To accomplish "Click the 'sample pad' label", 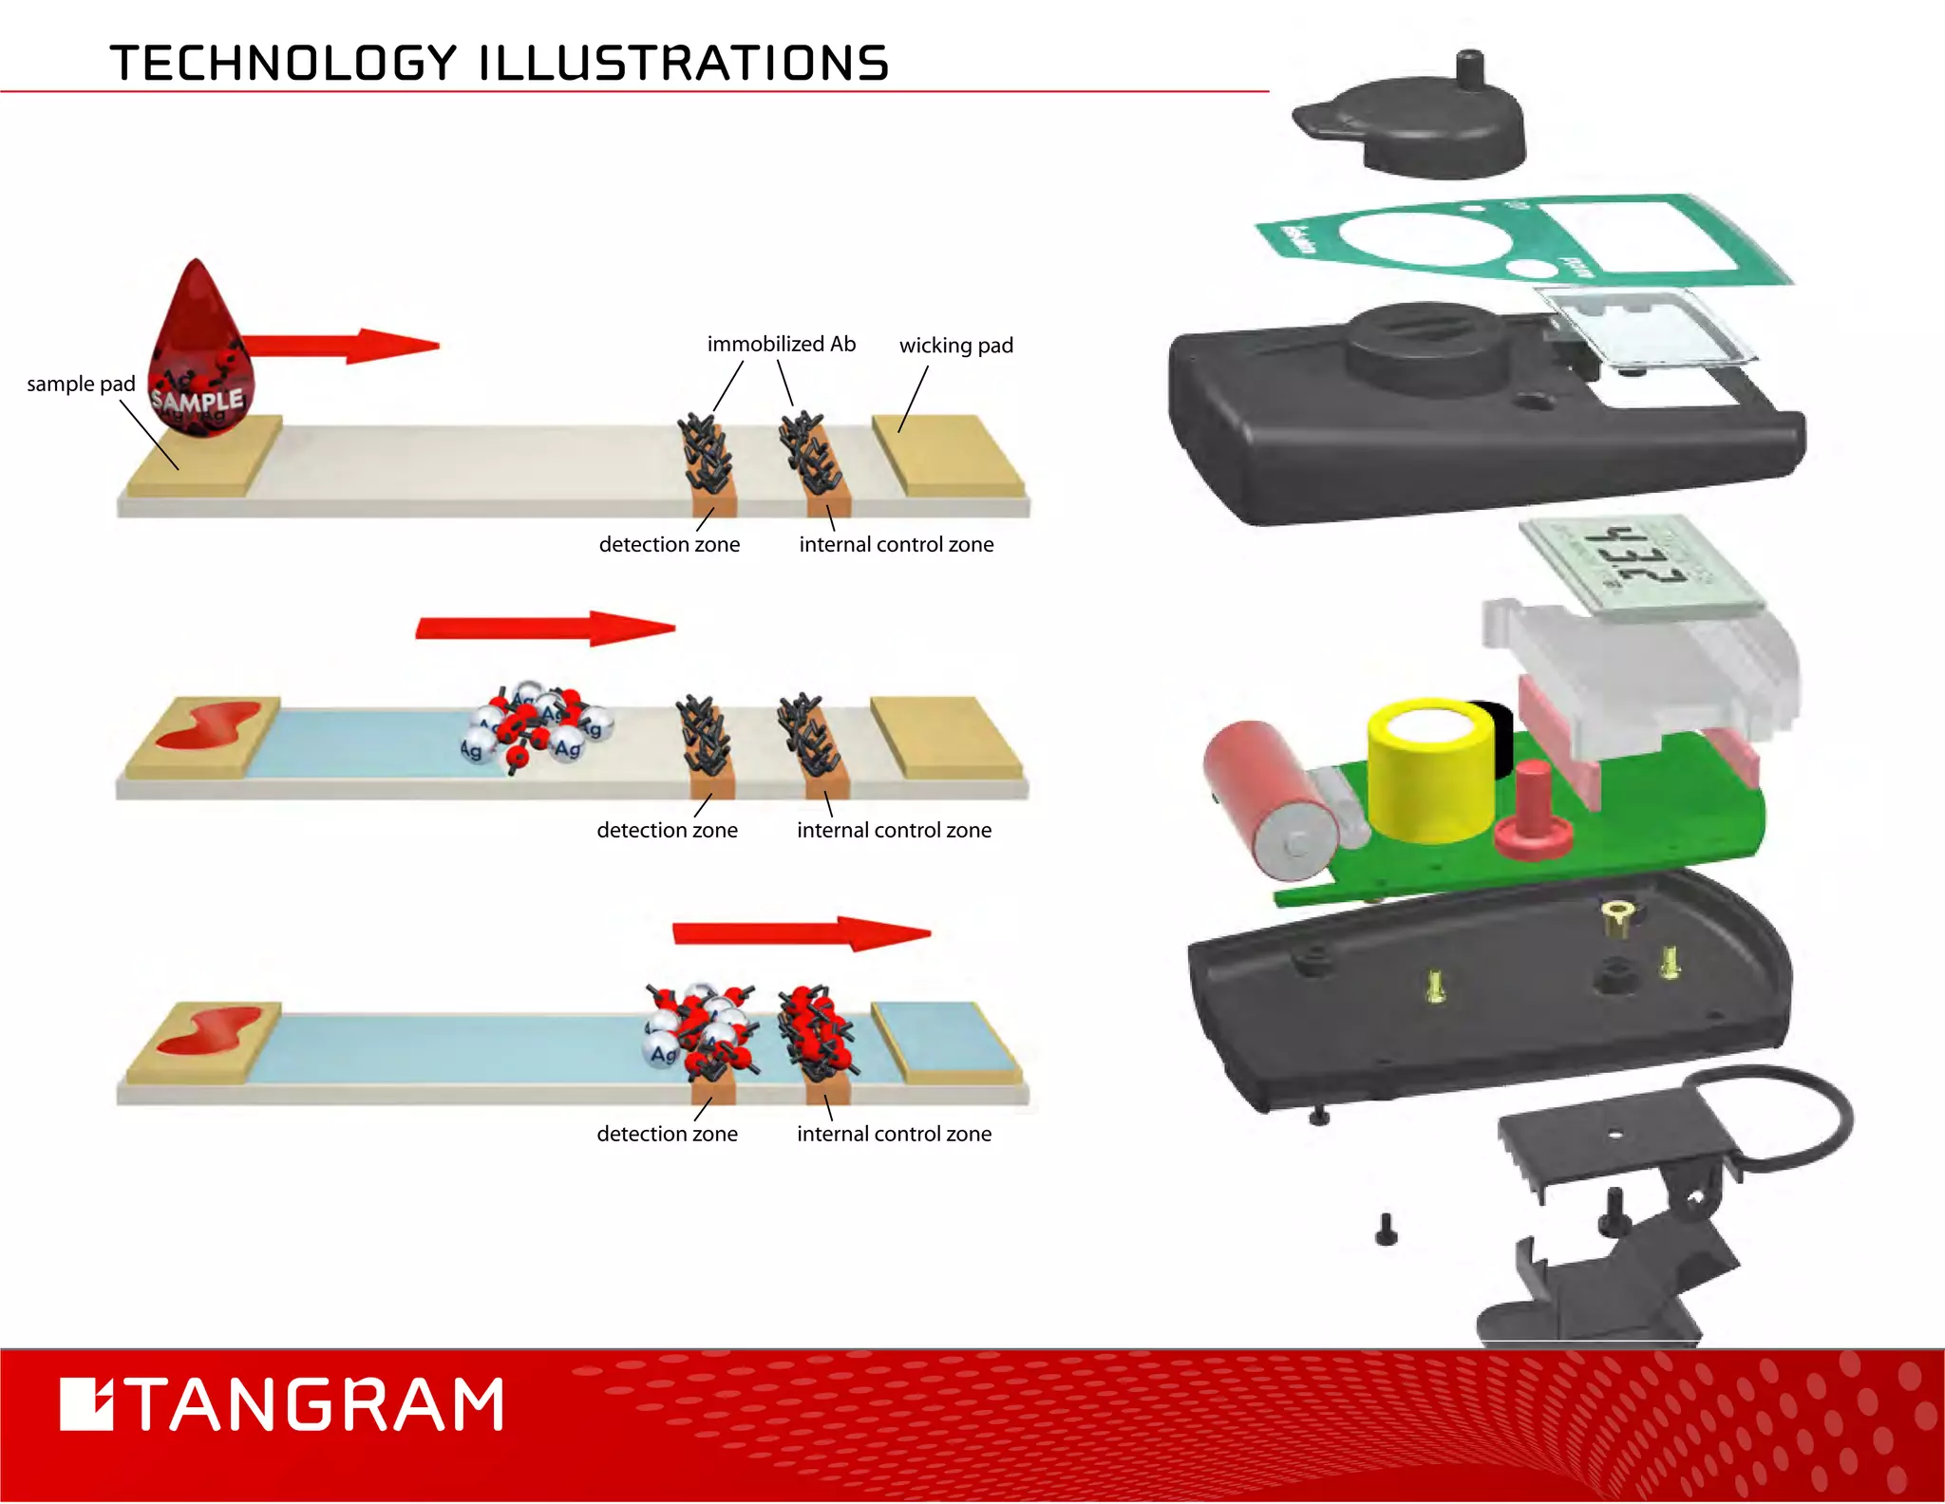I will tap(81, 384).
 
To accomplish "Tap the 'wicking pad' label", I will tap(955, 346).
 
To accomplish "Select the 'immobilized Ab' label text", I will tap(781, 344).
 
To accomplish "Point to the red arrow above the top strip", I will tap(342, 347).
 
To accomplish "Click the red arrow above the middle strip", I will tap(545, 628).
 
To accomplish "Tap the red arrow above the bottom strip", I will tap(801, 933).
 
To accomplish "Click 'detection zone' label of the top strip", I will tap(669, 544).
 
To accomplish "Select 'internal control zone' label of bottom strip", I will tap(894, 1134).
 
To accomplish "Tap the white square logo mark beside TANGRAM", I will tap(86, 1404).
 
